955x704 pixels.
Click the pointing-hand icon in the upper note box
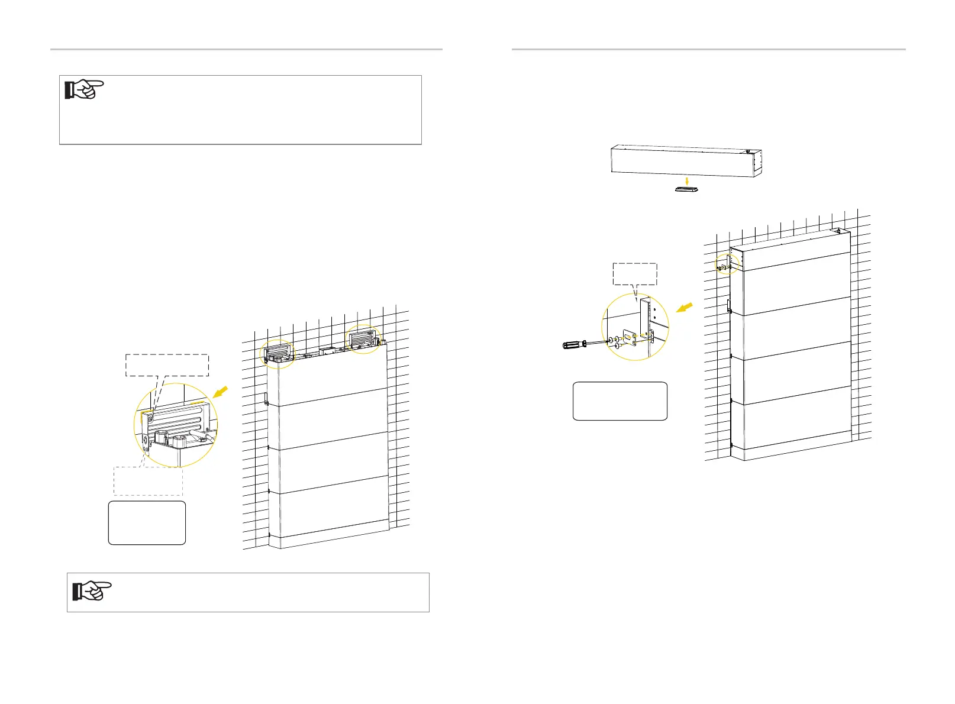click(x=83, y=89)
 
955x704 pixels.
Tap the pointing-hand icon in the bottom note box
click(x=92, y=590)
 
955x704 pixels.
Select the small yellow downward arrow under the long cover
click(x=685, y=180)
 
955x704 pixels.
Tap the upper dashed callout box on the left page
click(x=167, y=365)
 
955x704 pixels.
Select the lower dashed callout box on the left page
click(x=148, y=481)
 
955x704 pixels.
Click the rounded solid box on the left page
click(x=147, y=522)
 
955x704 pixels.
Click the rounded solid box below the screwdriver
click(x=620, y=401)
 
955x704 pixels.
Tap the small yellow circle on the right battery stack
click(x=727, y=265)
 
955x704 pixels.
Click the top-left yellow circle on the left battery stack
click(x=277, y=354)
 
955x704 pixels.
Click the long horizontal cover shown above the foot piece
click(x=685, y=160)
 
